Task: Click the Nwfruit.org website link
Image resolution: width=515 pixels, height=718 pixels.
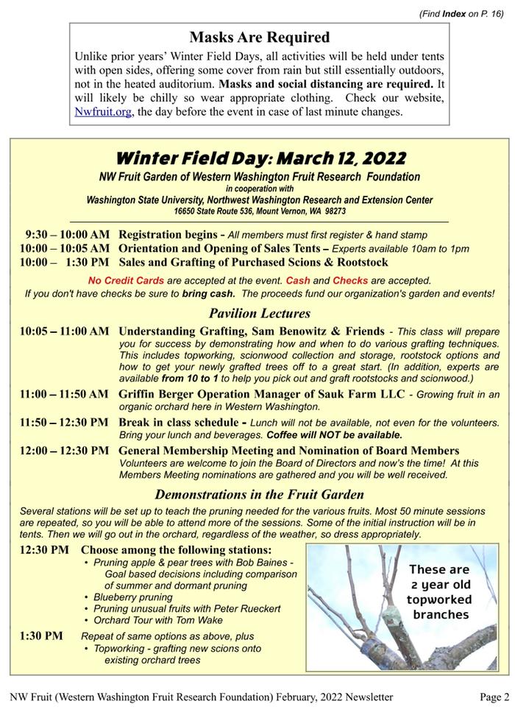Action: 103,112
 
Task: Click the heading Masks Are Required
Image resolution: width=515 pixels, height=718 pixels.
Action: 259,37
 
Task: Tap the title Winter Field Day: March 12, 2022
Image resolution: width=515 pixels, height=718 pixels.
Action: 260,158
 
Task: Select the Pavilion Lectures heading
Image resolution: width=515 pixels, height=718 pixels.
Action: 259,314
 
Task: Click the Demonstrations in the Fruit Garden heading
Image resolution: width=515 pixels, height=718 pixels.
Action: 259,495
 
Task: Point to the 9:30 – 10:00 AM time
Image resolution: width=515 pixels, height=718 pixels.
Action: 67,234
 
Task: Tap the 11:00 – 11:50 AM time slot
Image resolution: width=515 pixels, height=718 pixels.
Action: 65,394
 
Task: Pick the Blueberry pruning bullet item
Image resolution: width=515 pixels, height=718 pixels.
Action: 133,597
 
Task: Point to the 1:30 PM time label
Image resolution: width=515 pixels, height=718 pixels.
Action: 41,636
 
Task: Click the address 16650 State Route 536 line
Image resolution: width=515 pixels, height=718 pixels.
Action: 260,211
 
